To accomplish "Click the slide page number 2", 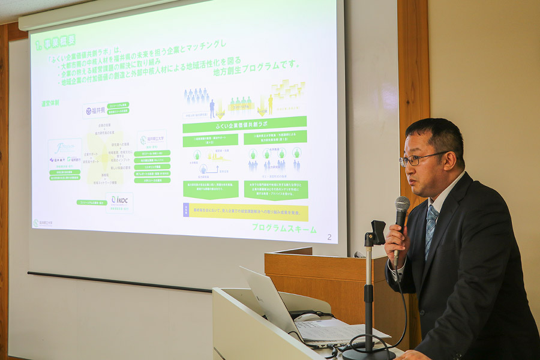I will tap(329, 237).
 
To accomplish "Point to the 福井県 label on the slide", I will tap(96, 110).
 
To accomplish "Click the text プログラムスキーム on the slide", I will tap(284, 227).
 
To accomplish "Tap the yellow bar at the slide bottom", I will tap(246, 211).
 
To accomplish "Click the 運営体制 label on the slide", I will tap(50, 103).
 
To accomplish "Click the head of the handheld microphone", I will tap(401, 206).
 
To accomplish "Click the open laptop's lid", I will tap(269, 300).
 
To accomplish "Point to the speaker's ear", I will tap(455, 158).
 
